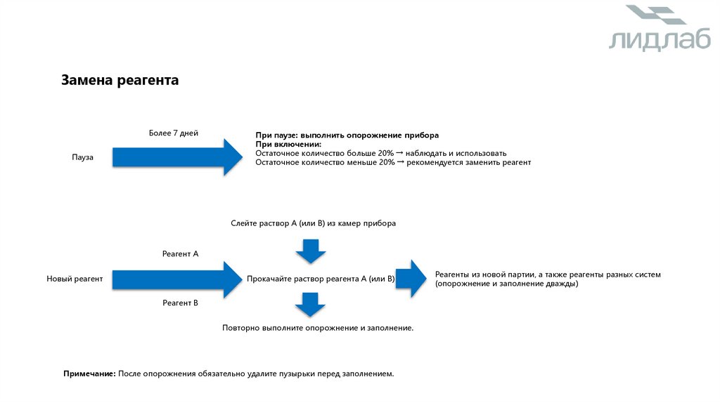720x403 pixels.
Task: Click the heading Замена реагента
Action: (x=120, y=81)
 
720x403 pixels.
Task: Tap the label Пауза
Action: (x=82, y=157)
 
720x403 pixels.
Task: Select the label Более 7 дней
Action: (x=174, y=132)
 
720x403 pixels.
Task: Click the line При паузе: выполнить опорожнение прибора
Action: (x=347, y=134)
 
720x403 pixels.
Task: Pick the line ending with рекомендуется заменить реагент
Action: (x=393, y=162)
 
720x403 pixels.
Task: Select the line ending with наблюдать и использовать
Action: (x=380, y=152)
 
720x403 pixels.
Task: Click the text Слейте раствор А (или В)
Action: (x=313, y=223)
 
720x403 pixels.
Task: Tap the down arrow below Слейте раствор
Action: (x=310, y=251)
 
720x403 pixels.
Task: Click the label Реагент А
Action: (x=180, y=253)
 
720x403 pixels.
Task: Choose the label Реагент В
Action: (x=180, y=303)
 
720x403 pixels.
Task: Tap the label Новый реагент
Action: (x=75, y=279)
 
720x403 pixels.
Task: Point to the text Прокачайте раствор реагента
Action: (x=321, y=279)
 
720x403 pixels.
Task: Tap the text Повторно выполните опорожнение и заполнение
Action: (x=317, y=327)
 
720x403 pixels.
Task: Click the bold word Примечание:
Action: (x=89, y=374)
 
